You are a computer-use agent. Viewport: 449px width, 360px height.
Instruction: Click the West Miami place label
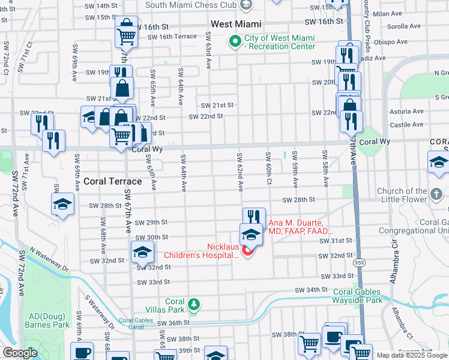[x=236, y=24]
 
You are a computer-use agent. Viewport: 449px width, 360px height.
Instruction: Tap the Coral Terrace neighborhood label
[x=112, y=181]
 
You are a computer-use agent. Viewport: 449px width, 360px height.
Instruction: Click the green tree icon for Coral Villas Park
[x=193, y=305]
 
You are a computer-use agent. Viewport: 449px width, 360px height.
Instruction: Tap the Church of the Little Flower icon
[x=437, y=194]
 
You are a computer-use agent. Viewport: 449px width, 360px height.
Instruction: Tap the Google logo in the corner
[x=20, y=353]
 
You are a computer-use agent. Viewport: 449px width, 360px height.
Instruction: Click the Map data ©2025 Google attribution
[x=412, y=355]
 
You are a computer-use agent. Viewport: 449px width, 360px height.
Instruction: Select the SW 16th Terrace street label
[x=172, y=37]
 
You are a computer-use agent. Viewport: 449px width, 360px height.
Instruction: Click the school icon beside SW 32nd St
[x=142, y=252]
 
